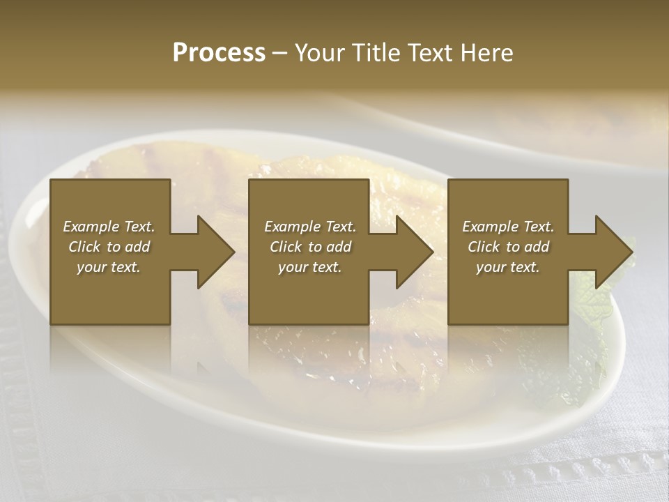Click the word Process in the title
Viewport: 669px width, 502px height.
click(x=219, y=52)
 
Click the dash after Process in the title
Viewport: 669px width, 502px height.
click(x=279, y=54)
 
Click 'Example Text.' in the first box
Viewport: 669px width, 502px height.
click(x=109, y=227)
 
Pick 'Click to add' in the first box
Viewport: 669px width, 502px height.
click(x=109, y=247)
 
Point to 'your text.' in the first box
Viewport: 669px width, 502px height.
click(x=109, y=267)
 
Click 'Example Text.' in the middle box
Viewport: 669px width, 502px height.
click(x=309, y=227)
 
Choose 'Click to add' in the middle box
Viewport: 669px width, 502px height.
click(x=309, y=247)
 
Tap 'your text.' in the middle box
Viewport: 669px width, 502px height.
click(x=309, y=267)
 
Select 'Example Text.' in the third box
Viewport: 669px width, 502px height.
click(x=508, y=227)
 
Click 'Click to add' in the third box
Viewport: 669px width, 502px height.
click(x=508, y=247)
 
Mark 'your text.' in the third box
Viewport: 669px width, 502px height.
click(x=508, y=267)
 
